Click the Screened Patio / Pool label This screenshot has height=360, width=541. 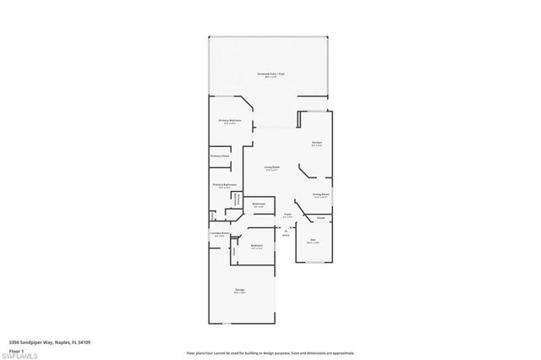(270, 74)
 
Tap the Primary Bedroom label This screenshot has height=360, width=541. (230, 121)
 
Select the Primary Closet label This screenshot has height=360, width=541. (221, 156)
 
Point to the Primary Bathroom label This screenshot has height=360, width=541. (224, 185)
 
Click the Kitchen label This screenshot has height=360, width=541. (316, 143)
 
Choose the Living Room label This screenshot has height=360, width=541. (271, 168)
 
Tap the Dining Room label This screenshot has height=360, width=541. (320, 195)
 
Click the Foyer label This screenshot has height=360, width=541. (287, 215)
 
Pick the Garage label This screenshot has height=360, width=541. (240, 291)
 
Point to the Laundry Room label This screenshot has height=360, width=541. (220, 234)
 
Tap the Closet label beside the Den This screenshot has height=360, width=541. (321, 218)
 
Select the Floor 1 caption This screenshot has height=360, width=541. (14, 350)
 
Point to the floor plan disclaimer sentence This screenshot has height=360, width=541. (270, 352)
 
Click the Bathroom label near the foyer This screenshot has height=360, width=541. (260, 205)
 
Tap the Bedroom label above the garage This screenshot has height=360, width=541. (257, 246)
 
